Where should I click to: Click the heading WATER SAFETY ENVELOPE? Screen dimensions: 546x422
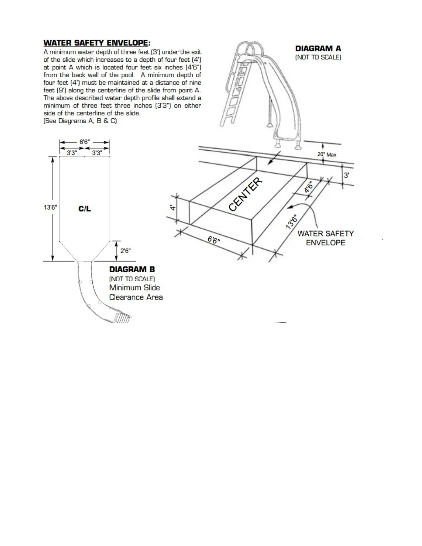tap(97, 43)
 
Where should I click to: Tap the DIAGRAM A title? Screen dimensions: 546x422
tap(318, 49)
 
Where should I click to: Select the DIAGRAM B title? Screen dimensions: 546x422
tap(132, 269)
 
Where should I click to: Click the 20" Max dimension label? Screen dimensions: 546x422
tap(326, 155)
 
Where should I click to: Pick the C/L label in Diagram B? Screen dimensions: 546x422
tap(84, 209)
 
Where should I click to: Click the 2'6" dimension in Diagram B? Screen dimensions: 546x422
tap(125, 251)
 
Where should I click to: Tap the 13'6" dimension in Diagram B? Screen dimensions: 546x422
tap(50, 207)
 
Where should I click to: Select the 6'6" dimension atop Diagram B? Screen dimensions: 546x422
tap(84, 142)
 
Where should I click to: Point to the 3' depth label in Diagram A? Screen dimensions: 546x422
tap(346, 175)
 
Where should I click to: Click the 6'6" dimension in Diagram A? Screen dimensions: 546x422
tap(214, 240)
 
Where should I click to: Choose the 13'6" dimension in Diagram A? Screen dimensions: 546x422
tap(292, 222)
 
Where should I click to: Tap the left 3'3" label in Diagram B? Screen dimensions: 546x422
tap(72, 153)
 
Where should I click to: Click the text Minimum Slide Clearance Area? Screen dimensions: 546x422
tap(136, 292)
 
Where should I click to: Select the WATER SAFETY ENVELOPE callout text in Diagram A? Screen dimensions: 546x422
tap(325, 238)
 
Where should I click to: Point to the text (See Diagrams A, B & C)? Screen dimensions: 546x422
tap(80, 121)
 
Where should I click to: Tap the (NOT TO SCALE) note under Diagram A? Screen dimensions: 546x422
tap(318, 58)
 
